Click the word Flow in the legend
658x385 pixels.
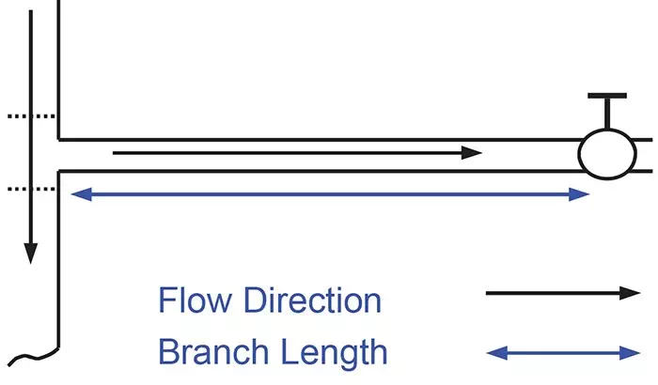[x=196, y=300]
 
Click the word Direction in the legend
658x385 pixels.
[x=313, y=300]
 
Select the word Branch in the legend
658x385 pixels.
[x=213, y=351]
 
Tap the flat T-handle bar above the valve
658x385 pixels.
[x=607, y=96]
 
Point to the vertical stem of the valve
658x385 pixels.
[x=607, y=114]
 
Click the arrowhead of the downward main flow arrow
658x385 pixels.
[x=31, y=254]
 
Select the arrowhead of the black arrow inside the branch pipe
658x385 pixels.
[x=472, y=153]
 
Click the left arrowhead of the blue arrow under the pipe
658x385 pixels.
[x=82, y=194]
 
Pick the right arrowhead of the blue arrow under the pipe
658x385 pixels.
[x=580, y=194]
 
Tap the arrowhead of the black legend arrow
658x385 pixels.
[x=630, y=293]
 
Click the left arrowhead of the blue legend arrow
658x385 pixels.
[x=497, y=353]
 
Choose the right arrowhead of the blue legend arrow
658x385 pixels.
[x=630, y=353]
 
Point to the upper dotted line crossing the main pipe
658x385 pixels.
[x=31, y=116]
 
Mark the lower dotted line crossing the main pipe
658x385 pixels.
[x=31, y=189]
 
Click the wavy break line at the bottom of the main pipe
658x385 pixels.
[x=34, y=357]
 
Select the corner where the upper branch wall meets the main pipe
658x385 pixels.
[x=58, y=140]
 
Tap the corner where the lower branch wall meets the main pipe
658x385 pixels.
[x=58, y=171]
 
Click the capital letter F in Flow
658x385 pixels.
[x=166, y=300]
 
